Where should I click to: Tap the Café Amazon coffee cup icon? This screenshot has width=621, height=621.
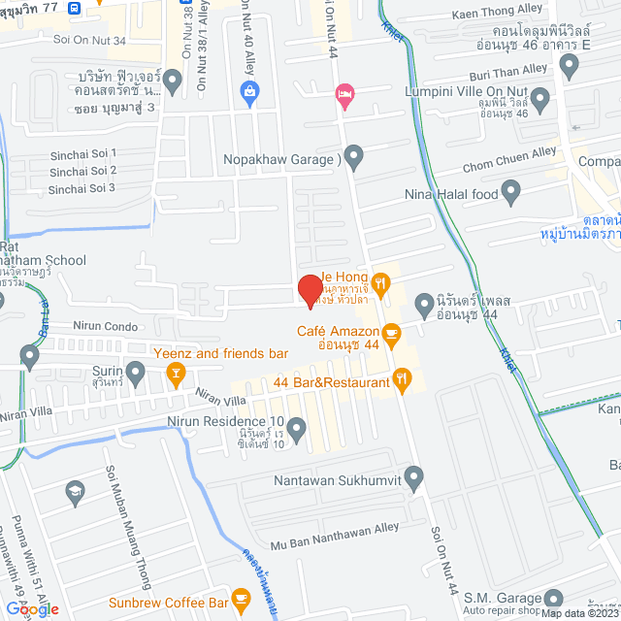pos(391,334)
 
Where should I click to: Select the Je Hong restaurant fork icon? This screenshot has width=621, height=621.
pos(381,283)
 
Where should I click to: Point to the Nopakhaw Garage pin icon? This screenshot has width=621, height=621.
pos(354,155)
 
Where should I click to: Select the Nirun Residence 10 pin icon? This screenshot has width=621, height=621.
pos(297,426)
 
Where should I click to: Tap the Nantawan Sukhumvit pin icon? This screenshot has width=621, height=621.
pos(414,475)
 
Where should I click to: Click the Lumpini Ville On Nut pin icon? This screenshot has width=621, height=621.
pos(539,98)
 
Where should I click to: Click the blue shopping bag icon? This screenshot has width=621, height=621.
pos(249,92)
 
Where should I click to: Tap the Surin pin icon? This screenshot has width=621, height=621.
pos(136,371)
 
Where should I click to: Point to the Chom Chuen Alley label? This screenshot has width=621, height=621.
pos(515,153)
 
